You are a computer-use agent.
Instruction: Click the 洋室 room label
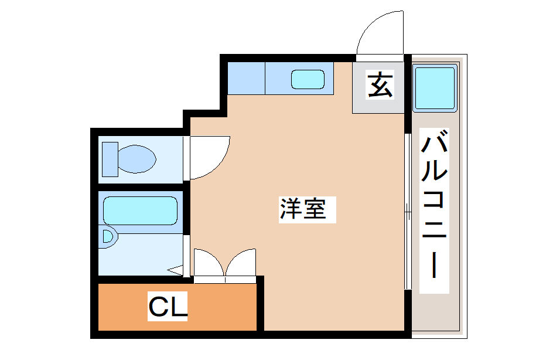(302, 209)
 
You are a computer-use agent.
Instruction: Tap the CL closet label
(168, 307)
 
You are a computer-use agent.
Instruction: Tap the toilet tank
(110, 158)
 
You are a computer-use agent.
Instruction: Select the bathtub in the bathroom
(141, 210)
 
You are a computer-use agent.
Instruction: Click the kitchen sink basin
(308, 79)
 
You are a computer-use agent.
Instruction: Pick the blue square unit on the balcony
(435, 89)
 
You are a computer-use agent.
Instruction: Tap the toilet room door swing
(207, 155)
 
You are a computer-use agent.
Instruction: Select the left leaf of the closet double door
(208, 263)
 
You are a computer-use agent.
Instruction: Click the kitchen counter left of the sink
(245, 77)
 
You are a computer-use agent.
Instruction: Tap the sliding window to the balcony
(407, 211)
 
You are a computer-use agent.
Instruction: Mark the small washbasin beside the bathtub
(108, 236)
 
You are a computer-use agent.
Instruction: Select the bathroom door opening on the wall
(186, 255)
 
